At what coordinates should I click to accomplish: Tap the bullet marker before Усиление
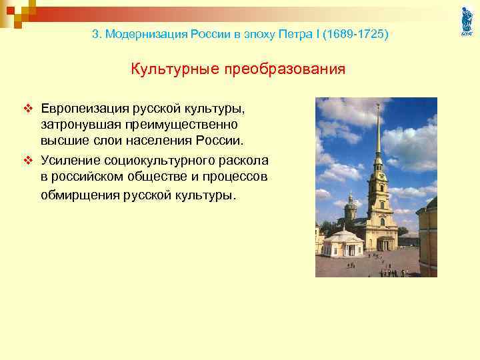pyautogui.click(x=29, y=160)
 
